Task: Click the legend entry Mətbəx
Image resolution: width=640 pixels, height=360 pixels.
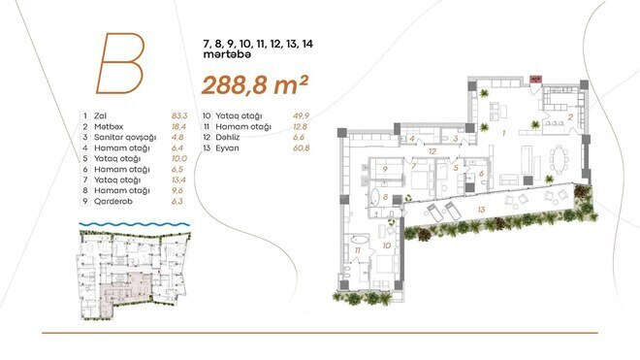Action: pyautogui.click(x=111, y=127)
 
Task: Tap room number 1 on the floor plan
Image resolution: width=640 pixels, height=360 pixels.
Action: pyautogui.click(x=501, y=131)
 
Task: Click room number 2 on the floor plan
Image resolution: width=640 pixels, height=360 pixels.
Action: pyautogui.click(x=571, y=116)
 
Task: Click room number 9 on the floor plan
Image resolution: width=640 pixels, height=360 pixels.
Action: pyautogui.click(x=385, y=169)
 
